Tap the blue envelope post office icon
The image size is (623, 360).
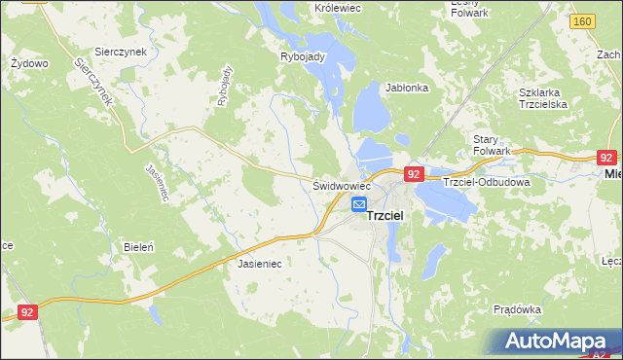(358, 204)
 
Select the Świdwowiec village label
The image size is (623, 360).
(342, 185)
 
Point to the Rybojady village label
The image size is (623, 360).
(301, 55)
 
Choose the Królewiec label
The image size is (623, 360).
(339, 7)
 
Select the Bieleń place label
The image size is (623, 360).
(138, 247)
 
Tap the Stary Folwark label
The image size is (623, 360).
(492, 145)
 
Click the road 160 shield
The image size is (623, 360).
(583, 20)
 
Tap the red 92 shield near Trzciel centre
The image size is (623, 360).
(414, 173)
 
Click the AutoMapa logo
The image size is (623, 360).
(560, 341)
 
